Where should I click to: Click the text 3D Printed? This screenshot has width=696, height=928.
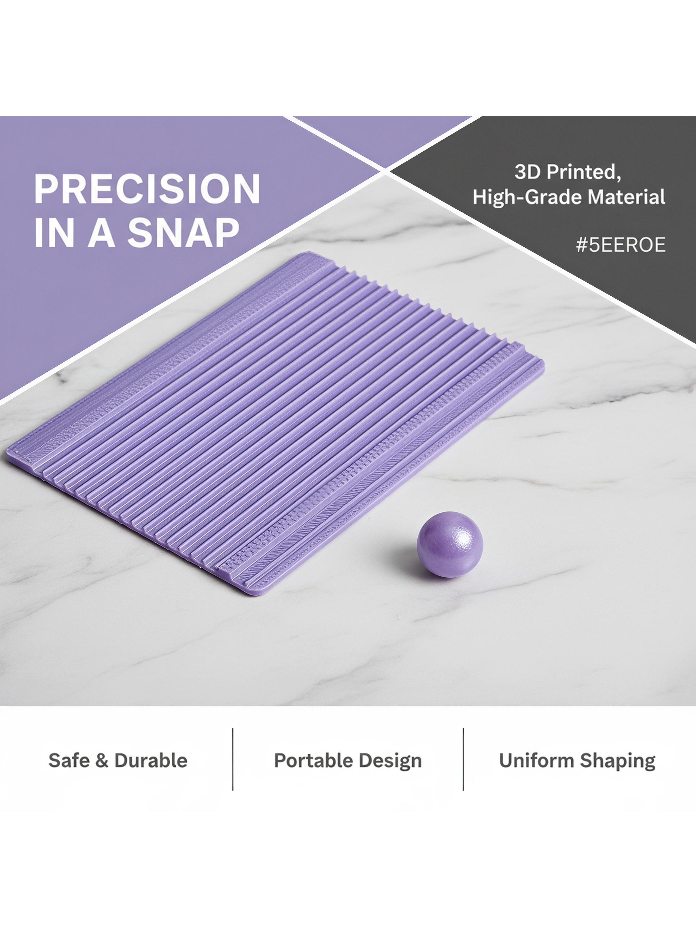(x=568, y=172)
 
